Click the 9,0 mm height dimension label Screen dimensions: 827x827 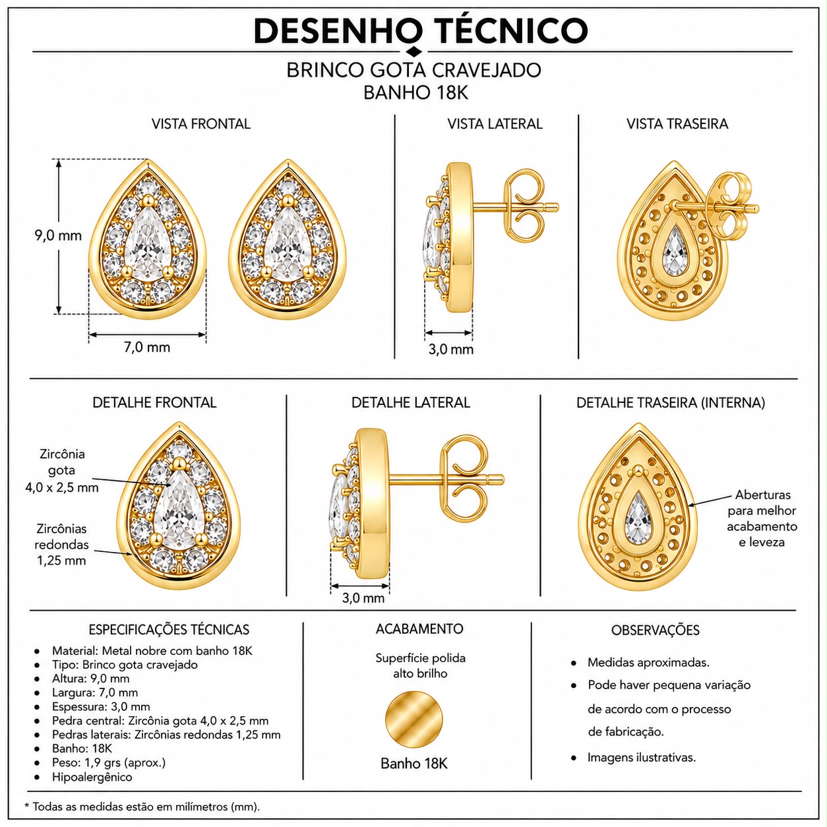[x=58, y=235]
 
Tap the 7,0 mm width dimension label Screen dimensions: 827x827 [x=147, y=347]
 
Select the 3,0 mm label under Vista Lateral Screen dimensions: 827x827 [x=450, y=350]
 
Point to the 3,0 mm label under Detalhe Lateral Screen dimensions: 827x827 [x=363, y=597]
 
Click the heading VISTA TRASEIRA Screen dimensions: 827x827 [x=677, y=124]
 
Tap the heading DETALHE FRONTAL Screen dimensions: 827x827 [x=154, y=402]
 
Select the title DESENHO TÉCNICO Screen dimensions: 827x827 [x=421, y=31]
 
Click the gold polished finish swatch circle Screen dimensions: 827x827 [x=413, y=720]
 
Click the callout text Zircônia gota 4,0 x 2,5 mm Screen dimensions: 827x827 [x=62, y=471]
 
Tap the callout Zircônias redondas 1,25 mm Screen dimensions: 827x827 [x=61, y=545]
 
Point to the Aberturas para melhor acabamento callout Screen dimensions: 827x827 [x=762, y=518]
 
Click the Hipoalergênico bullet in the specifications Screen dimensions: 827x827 [x=92, y=777]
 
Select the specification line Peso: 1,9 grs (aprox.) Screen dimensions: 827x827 [x=109, y=762]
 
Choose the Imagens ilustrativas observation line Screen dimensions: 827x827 [x=641, y=758]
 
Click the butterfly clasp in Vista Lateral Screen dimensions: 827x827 [x=523, y=206]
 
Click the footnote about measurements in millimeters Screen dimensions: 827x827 [x=142, y=807]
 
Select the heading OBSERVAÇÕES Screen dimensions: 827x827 [x=656, y=630]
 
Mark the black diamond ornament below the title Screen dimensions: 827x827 [x=413, y=51]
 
